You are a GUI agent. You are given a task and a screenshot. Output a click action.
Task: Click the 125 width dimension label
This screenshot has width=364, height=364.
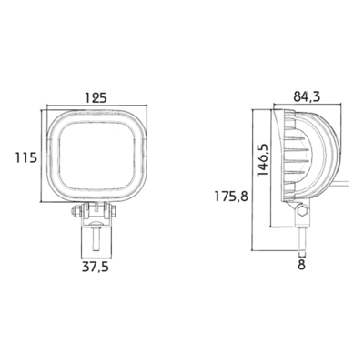[x=96, y=97]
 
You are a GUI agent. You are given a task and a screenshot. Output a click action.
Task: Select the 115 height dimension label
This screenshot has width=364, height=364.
[x=26, y=157]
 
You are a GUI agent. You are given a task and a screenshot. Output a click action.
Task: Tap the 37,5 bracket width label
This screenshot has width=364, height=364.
[x=95, y=267]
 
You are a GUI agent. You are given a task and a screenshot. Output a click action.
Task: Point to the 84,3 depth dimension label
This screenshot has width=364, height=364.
[x=307, y=96]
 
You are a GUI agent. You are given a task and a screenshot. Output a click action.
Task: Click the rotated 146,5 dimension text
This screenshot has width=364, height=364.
[x=263, y=159]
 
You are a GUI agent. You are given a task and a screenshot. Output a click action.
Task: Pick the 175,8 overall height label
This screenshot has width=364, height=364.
[x=231, y=197]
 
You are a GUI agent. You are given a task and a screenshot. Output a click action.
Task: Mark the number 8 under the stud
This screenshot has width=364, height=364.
[x=301, y=265]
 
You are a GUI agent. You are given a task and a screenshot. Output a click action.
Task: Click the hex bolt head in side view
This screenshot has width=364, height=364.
[x=302, y=211]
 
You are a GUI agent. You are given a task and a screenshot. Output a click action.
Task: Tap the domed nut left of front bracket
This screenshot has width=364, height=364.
[x=76, y=211]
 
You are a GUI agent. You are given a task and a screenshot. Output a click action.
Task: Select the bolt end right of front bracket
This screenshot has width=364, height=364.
[x=113, y=210]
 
